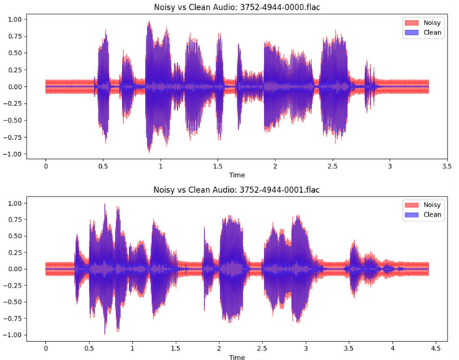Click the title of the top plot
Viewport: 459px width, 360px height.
(x=237, y=6)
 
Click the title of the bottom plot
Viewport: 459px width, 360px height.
(x=237, y=189)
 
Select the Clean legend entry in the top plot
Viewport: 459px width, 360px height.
(x=424, y=32)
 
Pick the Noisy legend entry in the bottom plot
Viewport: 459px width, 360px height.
(x=424, y=204)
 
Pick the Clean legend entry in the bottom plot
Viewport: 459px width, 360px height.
(x=424, y=214)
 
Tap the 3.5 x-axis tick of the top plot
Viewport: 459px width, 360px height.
(x=446, y=166)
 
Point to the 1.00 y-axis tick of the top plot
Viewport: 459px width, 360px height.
(x=16, y=19)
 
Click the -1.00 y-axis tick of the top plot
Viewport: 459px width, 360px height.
(x=14, y=154)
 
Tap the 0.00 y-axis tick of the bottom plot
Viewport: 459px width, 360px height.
(x=16, y=269)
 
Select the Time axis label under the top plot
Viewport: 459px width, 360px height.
(x=237, y=175)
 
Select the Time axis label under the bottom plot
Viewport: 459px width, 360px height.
(x=237, y=356)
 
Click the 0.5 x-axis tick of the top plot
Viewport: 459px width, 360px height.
(x=103, y=166)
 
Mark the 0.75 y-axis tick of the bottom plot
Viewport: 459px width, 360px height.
(x=16, y=219)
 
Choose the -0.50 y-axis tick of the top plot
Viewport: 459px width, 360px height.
(x=14, y=120)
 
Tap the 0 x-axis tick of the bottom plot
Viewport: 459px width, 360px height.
(x=46, y=347)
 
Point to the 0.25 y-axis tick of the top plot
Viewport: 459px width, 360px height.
(x=16, y=70)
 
